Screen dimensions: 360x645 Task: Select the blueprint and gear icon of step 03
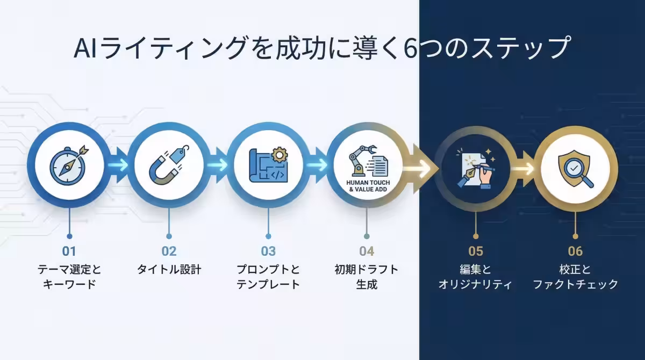[268, 164]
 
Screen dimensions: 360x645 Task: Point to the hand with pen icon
[475, 167]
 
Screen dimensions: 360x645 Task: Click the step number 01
[69, 251]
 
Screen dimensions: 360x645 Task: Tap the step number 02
[169, 251]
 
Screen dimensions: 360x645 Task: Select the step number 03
[268, 251]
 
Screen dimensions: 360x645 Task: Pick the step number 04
[367, 251]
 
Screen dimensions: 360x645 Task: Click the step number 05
[476, 251]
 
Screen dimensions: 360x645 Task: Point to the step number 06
[575, 251]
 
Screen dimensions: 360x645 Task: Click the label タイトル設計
[169, 269]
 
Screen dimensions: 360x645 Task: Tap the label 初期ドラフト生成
[367, 277]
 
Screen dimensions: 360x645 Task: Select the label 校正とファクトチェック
[575, 277]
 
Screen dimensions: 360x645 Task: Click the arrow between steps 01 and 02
[120, 165]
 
